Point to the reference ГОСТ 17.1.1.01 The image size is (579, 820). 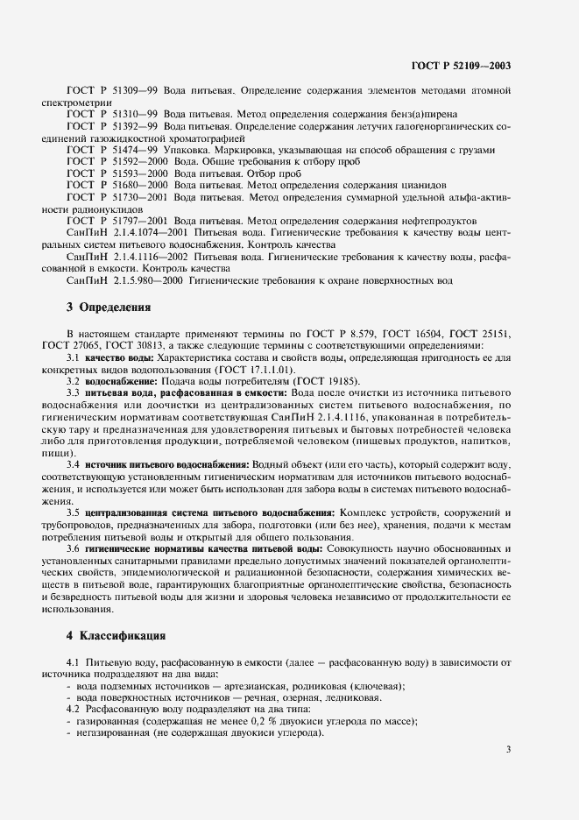[x=185, y=395]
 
